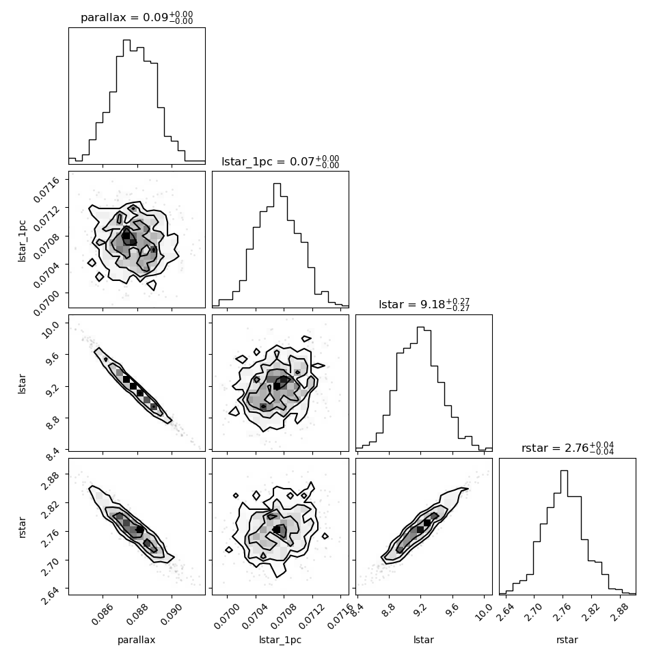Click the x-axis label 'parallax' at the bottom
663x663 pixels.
click(x=137, y=640)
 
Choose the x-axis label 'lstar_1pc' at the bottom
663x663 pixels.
click(x=280, y=640)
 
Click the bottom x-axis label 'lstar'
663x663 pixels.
click(x=424, y=640)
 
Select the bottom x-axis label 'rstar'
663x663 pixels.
click(x=567, y=640)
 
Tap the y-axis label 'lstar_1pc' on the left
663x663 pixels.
click(x=22, y=241)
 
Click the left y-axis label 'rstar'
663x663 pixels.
click(x=22, y=527)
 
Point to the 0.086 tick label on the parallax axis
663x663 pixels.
click(x=103, y=616)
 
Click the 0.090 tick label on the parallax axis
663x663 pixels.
click(x=171, y=616)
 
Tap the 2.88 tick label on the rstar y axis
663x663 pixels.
click(x=49, y=480)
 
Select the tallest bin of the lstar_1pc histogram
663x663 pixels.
click(x=277, y=245)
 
